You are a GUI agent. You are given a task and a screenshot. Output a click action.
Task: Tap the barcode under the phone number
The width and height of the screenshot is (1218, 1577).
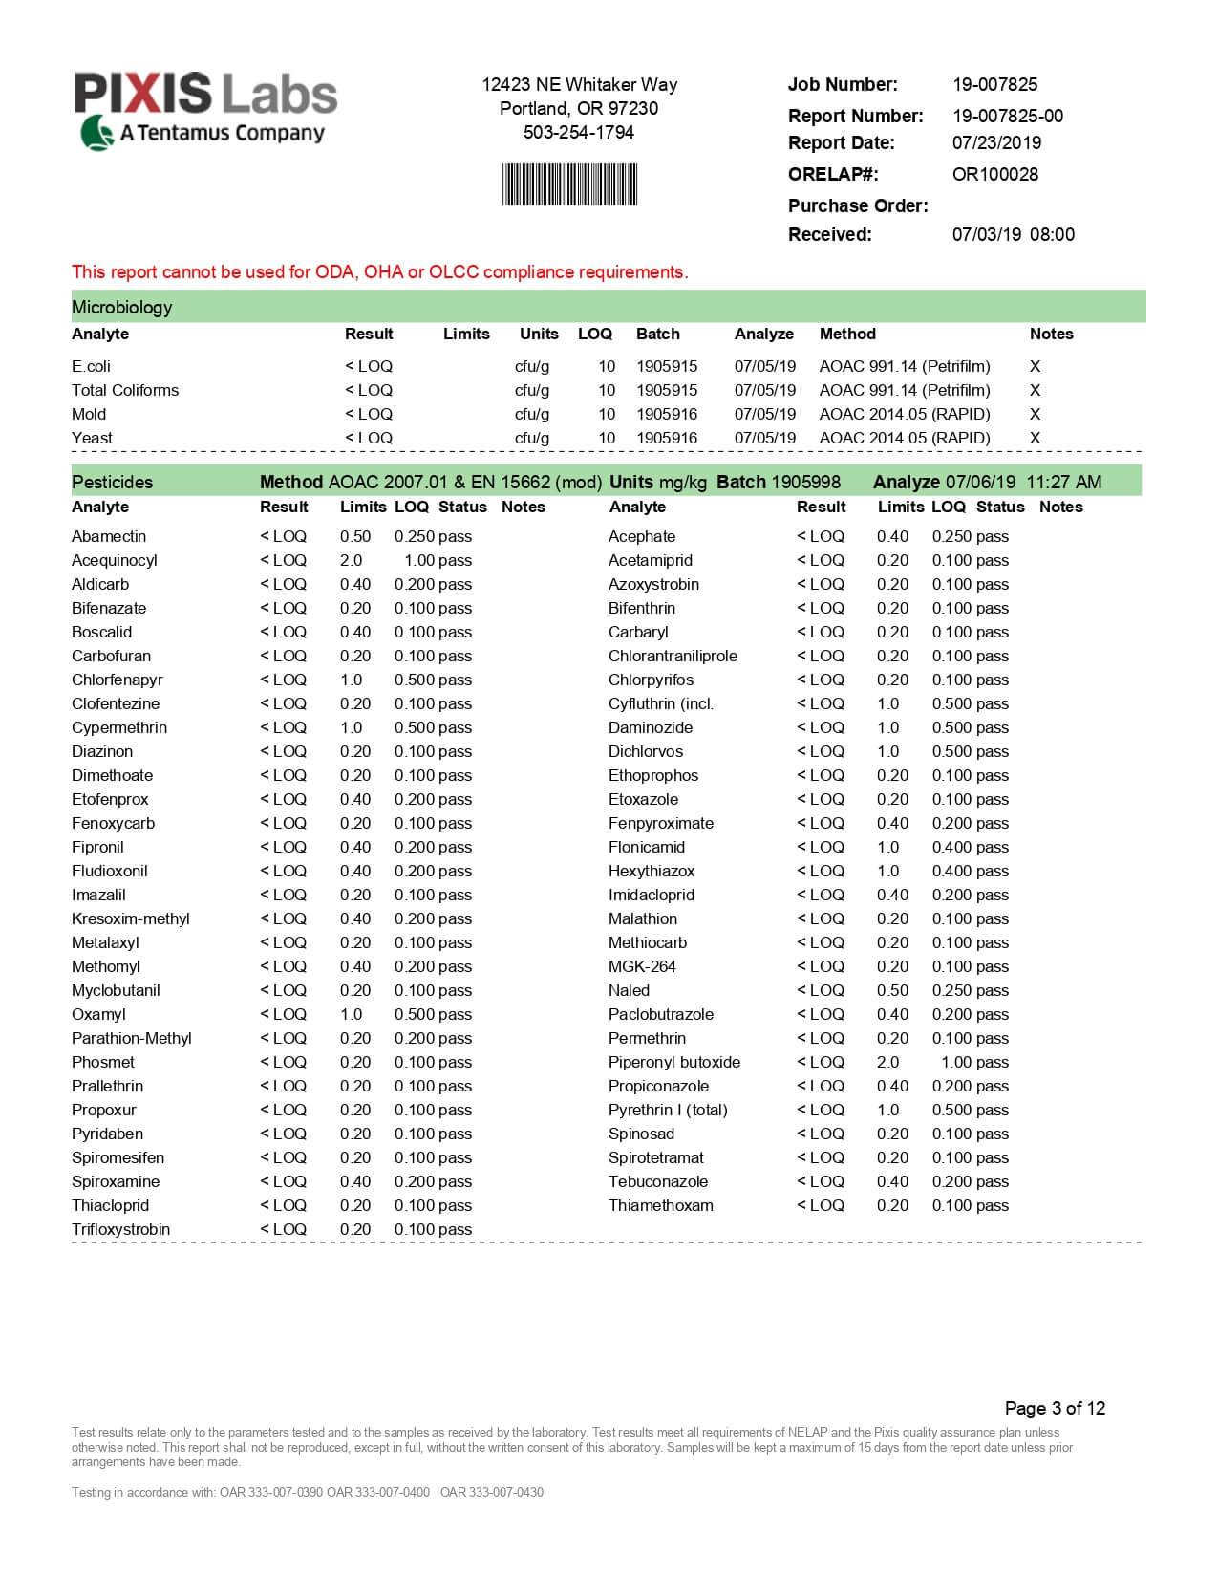569,184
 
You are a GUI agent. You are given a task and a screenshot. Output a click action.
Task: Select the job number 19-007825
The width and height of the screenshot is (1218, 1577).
994,84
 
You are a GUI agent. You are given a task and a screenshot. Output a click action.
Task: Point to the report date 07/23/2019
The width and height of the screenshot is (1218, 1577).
996,142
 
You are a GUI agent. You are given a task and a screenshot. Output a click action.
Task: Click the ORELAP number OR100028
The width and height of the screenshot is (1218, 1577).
994,174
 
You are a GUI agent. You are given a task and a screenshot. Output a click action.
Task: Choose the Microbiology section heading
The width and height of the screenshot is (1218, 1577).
122,307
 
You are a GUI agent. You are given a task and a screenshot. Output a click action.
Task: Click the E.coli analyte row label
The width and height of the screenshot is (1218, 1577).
91,366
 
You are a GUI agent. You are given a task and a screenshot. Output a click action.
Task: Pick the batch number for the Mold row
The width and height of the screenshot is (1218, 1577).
667,414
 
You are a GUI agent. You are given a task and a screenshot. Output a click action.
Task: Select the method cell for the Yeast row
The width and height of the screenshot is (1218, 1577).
904,438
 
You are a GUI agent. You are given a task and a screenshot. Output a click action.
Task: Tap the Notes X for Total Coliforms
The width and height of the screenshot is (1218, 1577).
1035,390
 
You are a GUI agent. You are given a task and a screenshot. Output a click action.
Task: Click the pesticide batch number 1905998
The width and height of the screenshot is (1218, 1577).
805,482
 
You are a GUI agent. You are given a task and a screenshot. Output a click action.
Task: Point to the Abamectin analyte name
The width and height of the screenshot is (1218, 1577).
109,536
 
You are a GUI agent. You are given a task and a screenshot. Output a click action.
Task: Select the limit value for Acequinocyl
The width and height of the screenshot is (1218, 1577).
351,560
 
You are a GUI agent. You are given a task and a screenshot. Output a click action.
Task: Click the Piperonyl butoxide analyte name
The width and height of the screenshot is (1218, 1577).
673,1062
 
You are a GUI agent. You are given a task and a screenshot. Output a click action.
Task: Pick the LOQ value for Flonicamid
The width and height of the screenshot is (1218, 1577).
951,847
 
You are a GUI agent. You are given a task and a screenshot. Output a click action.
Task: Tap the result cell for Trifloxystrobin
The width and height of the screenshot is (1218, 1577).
283,1229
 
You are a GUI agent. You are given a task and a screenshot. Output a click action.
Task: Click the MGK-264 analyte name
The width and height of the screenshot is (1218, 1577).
642,966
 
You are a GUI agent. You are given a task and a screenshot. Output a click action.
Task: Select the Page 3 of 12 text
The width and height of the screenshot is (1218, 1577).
1055,1408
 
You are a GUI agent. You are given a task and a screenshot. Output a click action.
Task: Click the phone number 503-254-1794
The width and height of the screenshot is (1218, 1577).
578,132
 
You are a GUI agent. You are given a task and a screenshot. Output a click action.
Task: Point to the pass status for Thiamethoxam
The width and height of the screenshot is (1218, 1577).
993,1205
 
